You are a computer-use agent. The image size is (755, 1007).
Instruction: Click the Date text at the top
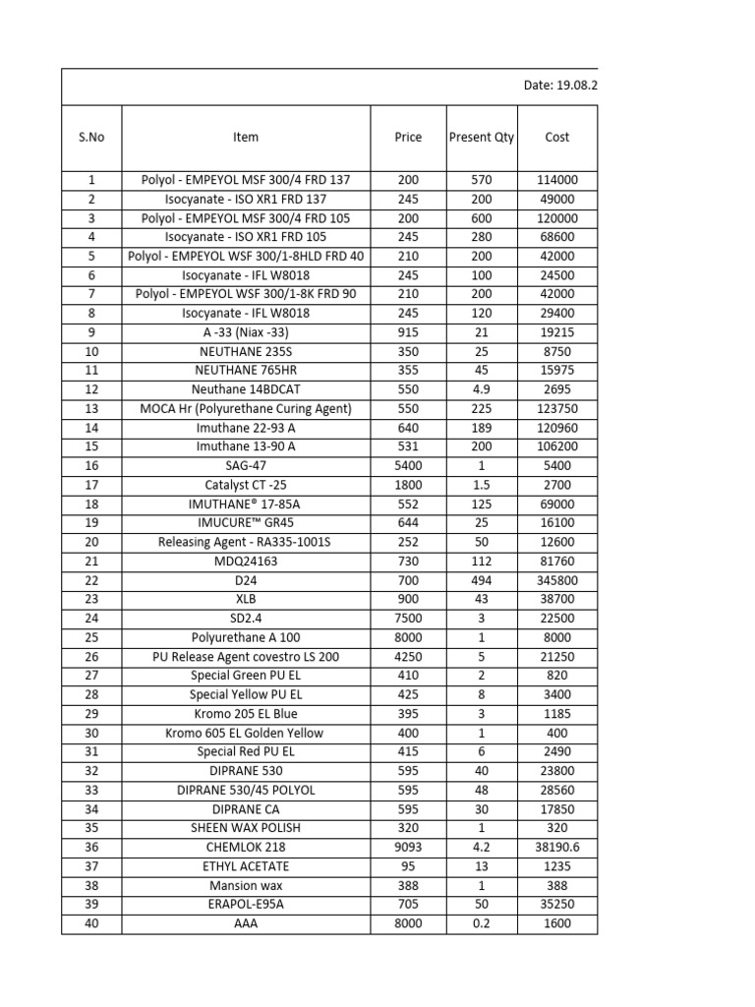click(559, 86)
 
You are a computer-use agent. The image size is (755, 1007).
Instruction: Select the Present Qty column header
click(481, 138)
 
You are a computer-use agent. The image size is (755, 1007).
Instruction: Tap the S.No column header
click(91, 138)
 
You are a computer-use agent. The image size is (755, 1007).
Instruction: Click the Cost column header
click(556, 138)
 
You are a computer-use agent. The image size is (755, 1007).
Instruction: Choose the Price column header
click(408, 138)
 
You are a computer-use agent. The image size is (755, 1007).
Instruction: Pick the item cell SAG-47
click(246, 466)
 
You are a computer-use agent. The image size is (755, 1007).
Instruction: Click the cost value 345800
click(556, 580)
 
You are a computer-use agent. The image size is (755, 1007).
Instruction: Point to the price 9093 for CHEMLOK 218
click(408, 848)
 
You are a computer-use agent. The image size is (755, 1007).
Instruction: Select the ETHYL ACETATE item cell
click(246, 866)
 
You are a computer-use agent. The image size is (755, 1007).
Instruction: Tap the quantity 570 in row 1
click(481, 181)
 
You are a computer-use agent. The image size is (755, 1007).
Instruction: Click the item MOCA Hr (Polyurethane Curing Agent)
click(246, 409)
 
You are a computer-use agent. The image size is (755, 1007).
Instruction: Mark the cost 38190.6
click(556, 848)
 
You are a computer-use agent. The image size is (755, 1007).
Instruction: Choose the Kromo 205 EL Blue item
click(246, 714)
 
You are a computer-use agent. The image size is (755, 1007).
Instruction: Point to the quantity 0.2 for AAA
click(481, 923)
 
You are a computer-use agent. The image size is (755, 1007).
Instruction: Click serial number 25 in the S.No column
click(91, 638)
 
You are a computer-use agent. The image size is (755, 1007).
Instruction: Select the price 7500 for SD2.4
click(408, 619)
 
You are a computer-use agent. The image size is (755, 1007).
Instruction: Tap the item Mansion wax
click(246, 886)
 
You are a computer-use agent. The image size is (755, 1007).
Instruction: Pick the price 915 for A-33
click(408, 333)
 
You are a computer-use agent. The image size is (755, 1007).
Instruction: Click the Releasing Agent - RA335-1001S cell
click(246, 543)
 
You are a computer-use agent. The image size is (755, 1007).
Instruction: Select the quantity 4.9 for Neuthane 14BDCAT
click(481, 390)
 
